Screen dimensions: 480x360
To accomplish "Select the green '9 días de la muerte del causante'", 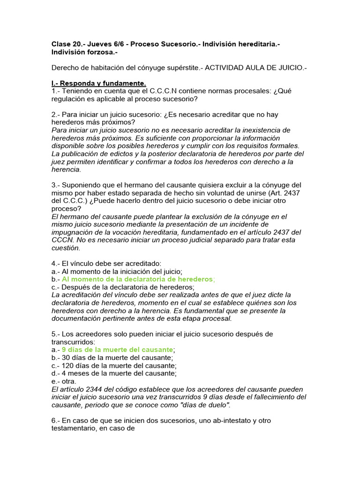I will [117, 350].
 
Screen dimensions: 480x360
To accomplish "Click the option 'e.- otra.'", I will [64, 382].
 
